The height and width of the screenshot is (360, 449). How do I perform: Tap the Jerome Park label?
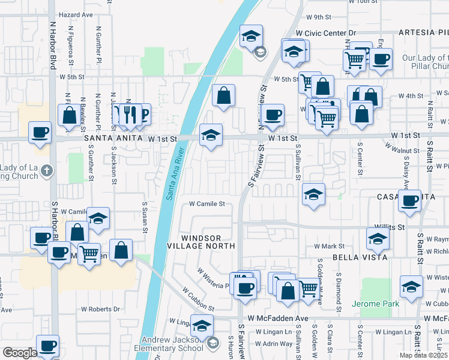(375, 304)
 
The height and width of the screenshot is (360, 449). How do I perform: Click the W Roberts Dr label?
(100, 309)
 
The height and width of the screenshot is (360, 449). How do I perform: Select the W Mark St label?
(329, 246)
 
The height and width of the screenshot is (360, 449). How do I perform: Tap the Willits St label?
(389, 228)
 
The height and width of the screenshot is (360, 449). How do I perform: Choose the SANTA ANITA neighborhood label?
(114, 139)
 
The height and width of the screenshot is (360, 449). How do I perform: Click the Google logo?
(19, 353)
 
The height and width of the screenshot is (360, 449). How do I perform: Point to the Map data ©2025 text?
(423, 355)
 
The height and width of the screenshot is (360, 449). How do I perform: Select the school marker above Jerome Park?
(412, 287)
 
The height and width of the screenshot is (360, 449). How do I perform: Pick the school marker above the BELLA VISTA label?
(378, 238)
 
